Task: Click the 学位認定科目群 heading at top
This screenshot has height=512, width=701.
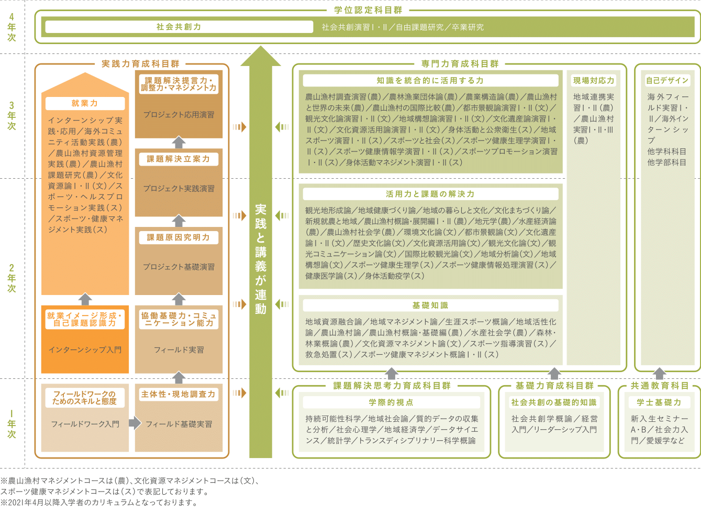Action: [368, 10]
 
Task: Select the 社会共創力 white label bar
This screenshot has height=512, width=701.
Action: [179, 27]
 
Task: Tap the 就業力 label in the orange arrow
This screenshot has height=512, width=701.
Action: [85, 103]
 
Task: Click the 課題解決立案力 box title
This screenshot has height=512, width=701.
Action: [179, 159]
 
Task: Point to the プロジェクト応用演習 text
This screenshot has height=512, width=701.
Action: [179, 114]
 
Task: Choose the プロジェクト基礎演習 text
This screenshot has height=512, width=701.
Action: [179, 267]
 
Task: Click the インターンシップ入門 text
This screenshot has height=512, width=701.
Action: [85, 350]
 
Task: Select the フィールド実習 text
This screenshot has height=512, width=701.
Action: [179, 350]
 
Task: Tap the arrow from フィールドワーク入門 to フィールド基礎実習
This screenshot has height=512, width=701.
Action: [135, 423]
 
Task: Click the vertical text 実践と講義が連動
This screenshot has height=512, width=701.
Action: [261, 259]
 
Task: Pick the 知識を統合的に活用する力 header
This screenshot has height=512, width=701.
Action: [430, 80]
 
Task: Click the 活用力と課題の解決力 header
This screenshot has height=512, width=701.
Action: [430, 194]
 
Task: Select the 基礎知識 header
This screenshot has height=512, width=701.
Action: [430, 305]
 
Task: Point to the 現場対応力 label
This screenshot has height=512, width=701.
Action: [594, 80]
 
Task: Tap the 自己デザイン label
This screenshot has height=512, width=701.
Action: [667, 80]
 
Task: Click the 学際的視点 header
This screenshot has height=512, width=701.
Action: [391, 402]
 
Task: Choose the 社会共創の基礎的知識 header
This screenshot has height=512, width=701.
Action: [554, 402]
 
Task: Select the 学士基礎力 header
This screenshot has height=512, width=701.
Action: [659, 402]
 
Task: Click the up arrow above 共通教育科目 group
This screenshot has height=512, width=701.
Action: [660, 373]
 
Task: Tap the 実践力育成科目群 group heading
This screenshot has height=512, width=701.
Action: [140, 64]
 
